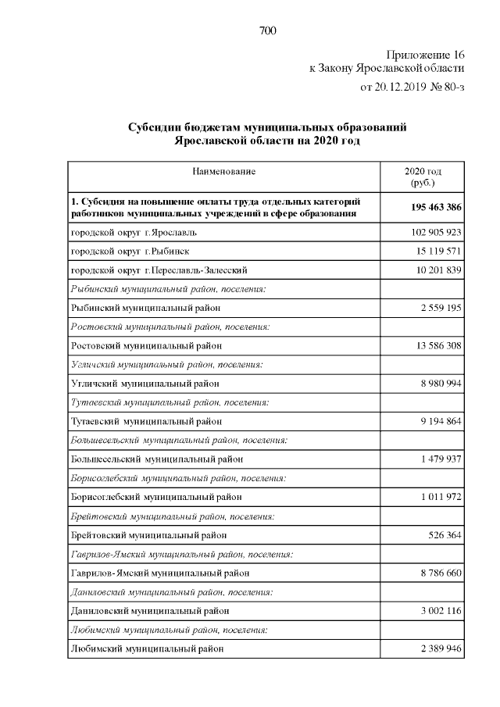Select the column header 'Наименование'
click(224, 171)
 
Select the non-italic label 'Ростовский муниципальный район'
click(146, 345)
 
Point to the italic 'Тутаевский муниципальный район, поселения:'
click(170, 402)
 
